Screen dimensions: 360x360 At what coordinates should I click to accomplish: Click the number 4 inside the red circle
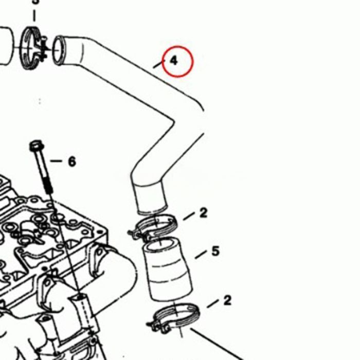[x=174, y=61]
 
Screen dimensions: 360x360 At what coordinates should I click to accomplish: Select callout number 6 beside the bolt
[x=71, y=162]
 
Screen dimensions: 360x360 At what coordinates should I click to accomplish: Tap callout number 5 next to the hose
[x=215, y=251]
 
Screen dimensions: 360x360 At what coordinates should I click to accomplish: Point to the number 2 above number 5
[x=203, y=212]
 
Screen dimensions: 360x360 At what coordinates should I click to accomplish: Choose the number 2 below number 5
[x=227, y=300]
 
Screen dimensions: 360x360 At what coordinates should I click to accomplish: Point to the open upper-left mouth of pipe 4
[x=60, y=49]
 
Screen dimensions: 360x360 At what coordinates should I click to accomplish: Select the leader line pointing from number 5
[x=201, y=255]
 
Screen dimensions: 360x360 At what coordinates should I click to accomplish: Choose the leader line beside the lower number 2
[x=212, y=304]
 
